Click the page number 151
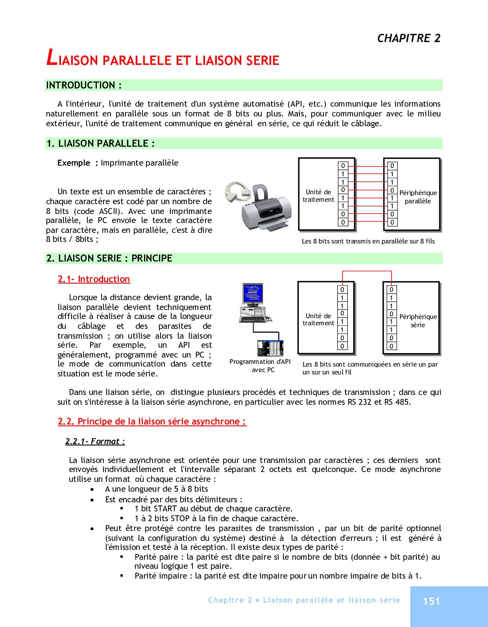pos(431,601)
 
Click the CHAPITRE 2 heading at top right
pos(409,38)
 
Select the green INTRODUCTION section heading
pos(84,85)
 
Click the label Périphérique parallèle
pos(418,197)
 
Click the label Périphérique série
pos(418,321)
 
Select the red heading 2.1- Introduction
pos(94,279)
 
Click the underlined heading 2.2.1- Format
pos(95,441)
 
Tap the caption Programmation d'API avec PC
pos(260,365)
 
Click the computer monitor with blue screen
pos(253,293)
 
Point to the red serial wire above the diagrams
pos(367,271)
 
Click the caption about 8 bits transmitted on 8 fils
pos(368,241)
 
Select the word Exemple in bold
pos(74,163)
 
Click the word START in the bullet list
pos(165,509)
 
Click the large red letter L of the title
pos(52,57)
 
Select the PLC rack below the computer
pos(270,348)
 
